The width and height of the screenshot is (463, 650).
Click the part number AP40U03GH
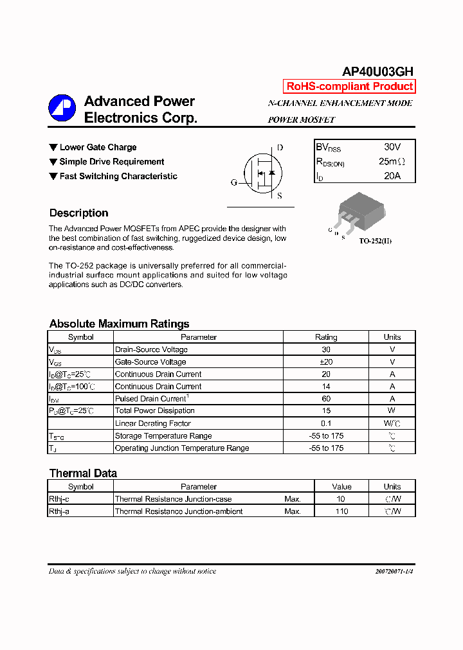377,71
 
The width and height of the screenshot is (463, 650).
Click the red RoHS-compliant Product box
349,87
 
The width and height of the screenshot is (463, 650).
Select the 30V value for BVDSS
392,147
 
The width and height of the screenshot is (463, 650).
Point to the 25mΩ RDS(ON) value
392,162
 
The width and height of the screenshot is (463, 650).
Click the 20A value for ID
392,175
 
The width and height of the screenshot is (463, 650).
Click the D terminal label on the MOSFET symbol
280,148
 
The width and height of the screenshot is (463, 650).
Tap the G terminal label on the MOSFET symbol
234,182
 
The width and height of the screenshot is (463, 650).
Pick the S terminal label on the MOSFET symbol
279,197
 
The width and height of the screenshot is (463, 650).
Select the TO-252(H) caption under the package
375,240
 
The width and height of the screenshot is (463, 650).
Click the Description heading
78,213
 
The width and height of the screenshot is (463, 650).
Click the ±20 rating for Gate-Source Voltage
325,362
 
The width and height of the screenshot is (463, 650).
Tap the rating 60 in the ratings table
325,399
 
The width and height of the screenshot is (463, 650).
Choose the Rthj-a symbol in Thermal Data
59,511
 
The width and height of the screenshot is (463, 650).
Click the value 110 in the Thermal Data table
341,511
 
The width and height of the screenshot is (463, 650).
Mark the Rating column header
325,337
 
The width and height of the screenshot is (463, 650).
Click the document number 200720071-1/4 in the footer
394,571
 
